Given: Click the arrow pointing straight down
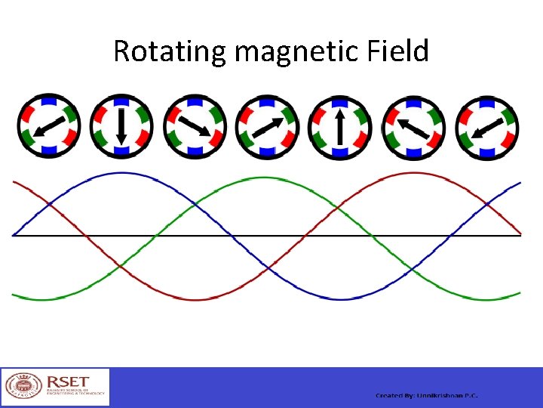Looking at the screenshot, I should (121, 126).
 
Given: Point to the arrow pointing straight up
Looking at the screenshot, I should (340, 126).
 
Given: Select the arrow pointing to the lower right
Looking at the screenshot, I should (194, 126).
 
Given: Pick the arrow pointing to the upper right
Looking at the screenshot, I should (267, 126).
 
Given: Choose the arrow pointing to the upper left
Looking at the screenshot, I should (413, 126).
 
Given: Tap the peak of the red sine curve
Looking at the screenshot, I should (413, 173).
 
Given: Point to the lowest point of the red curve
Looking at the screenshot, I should (194, 299).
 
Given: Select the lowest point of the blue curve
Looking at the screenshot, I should (340, 299).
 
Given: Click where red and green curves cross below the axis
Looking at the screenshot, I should (121, 267).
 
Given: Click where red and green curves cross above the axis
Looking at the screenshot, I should (340, 204).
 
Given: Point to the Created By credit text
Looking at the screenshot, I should (427, 396).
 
